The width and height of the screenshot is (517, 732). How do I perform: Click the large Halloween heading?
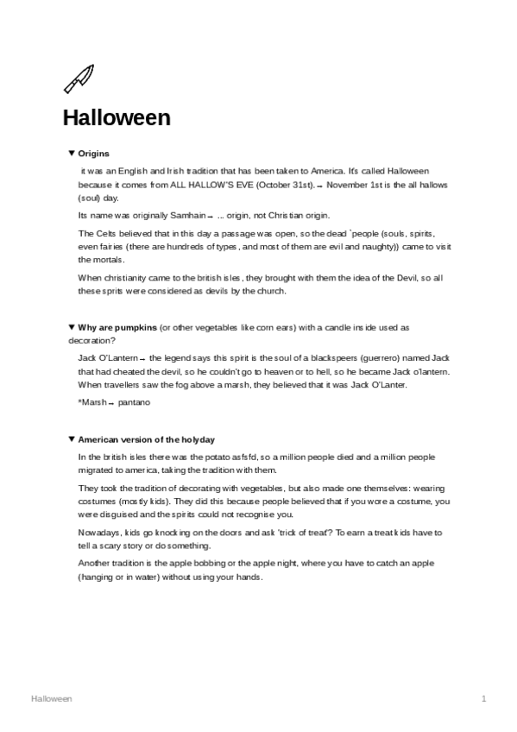click(116, 117)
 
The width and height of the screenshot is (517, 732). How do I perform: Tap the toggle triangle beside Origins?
click(71, 153)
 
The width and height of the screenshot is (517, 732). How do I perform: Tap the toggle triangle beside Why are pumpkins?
click(71, 327)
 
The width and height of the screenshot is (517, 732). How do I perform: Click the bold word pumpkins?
click(138, 327)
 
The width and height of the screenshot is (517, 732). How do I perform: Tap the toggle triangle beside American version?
click(71, 439)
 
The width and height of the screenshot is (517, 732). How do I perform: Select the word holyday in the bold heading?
click(198, 439)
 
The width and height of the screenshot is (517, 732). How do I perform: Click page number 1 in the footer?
click(484, 697)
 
